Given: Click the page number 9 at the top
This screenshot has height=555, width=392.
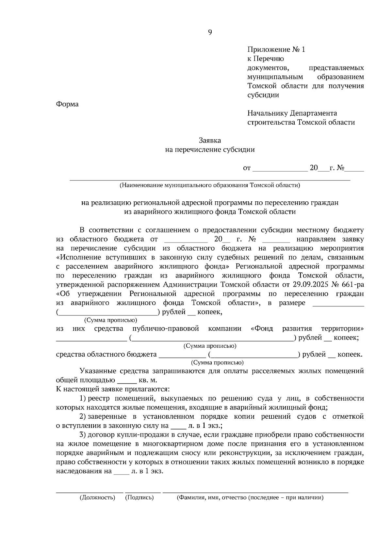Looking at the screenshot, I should coord(210,32).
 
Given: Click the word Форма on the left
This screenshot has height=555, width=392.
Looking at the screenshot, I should coord(67,104).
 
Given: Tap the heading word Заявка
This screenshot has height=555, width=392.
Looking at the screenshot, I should coord(210,141).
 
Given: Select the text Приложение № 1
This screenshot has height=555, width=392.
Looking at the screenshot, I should coord(276,50).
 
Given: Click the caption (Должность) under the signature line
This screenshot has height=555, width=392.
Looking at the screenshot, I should coord(97,498).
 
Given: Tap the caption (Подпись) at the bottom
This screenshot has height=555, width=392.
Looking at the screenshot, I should coord(139,498).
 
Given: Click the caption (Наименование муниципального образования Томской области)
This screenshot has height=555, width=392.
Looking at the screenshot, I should coord(210,185).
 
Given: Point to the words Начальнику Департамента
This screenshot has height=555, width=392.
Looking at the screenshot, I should coord(292,113).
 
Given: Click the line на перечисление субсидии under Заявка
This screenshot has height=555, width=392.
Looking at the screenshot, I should coord(210,150).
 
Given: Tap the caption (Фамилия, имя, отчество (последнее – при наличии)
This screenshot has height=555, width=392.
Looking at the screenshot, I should coord(250,498).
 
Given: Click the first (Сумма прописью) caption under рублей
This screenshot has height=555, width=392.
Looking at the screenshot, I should coord(111,320).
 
